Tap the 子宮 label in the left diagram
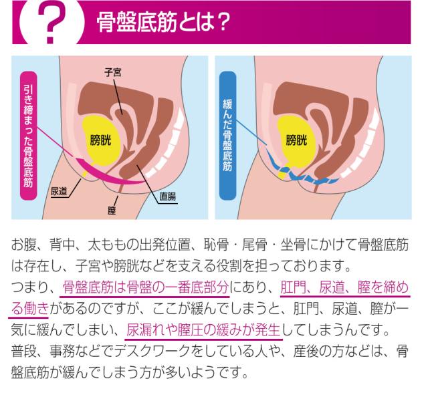(113, 71)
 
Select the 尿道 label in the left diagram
(60, 192)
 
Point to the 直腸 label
(167, 196)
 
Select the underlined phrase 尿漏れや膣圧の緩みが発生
(204, 330)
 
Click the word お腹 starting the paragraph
(22, 247)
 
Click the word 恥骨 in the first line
(229, 247)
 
